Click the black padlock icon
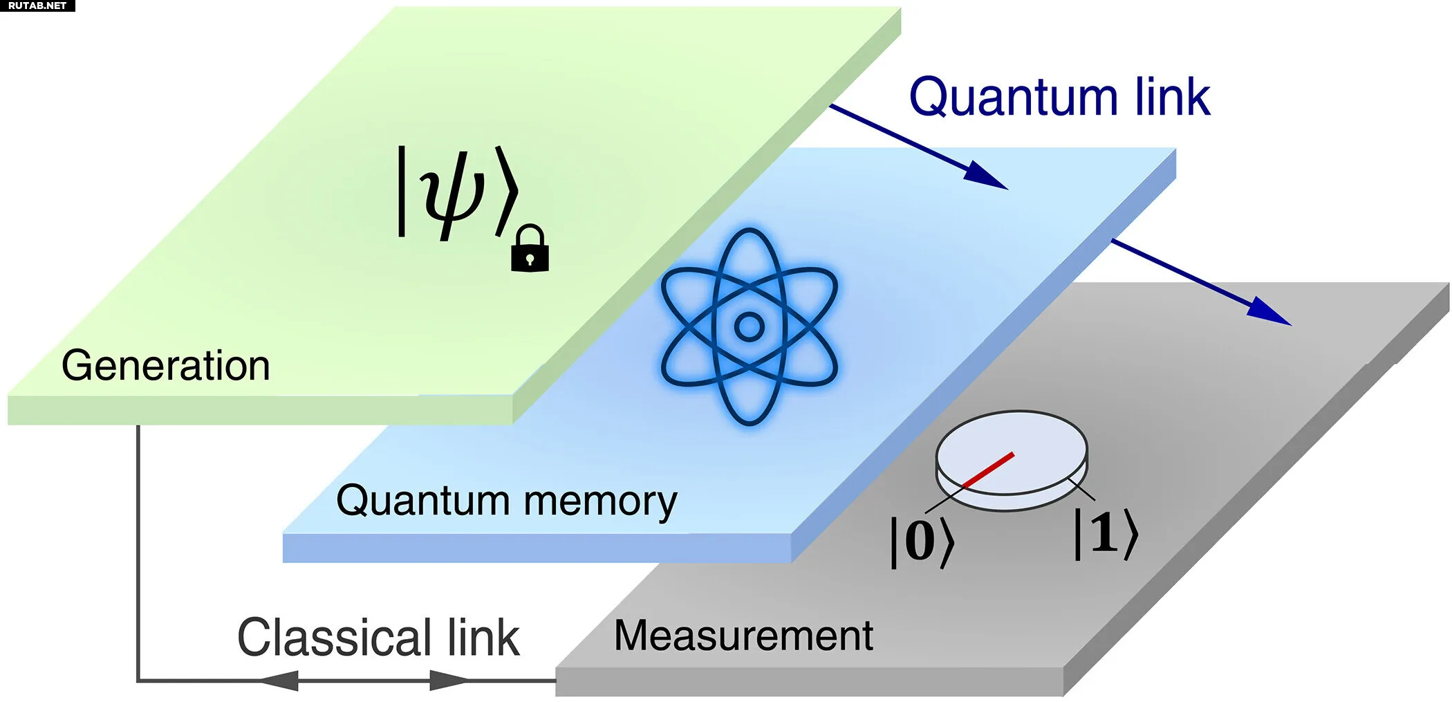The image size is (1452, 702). [530, 248]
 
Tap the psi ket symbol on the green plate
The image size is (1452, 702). [457, 192]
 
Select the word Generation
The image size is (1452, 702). [165, 365]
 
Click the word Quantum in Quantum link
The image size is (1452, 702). [1014, 98]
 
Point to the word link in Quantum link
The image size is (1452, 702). [1173, 96]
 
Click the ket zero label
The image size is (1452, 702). [922, 542]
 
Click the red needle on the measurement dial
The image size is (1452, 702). [988, 470]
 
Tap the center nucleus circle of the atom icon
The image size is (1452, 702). [749, 326]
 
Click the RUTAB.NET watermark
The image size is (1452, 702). [37, 6]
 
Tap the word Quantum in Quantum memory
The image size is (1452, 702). [422, 501]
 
